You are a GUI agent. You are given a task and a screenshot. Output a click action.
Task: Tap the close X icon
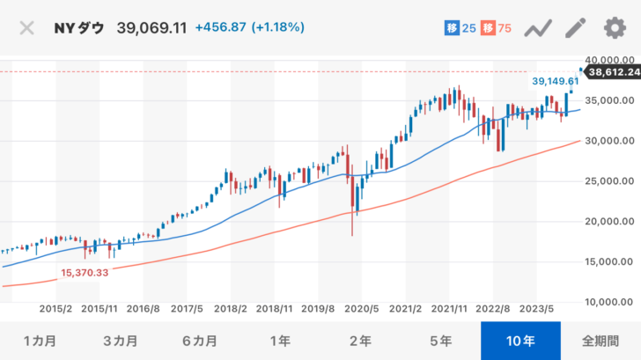pos(27,27)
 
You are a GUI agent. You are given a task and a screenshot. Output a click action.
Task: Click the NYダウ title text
pos(78,27)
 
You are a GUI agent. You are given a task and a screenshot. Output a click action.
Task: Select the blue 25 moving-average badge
pos(460,28)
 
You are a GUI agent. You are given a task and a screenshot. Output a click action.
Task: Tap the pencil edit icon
pos(575,27)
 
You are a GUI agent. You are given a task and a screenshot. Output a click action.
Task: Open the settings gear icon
pos(614,27)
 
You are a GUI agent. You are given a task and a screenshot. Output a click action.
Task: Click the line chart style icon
pos(537,28)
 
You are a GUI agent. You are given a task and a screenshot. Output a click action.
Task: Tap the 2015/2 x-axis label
pos(55,309)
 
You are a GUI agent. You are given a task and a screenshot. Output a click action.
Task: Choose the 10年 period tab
pos(520,341)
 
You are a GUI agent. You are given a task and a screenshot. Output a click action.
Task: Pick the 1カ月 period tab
pos(40,341)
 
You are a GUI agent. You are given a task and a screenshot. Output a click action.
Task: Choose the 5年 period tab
pos(440,341)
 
